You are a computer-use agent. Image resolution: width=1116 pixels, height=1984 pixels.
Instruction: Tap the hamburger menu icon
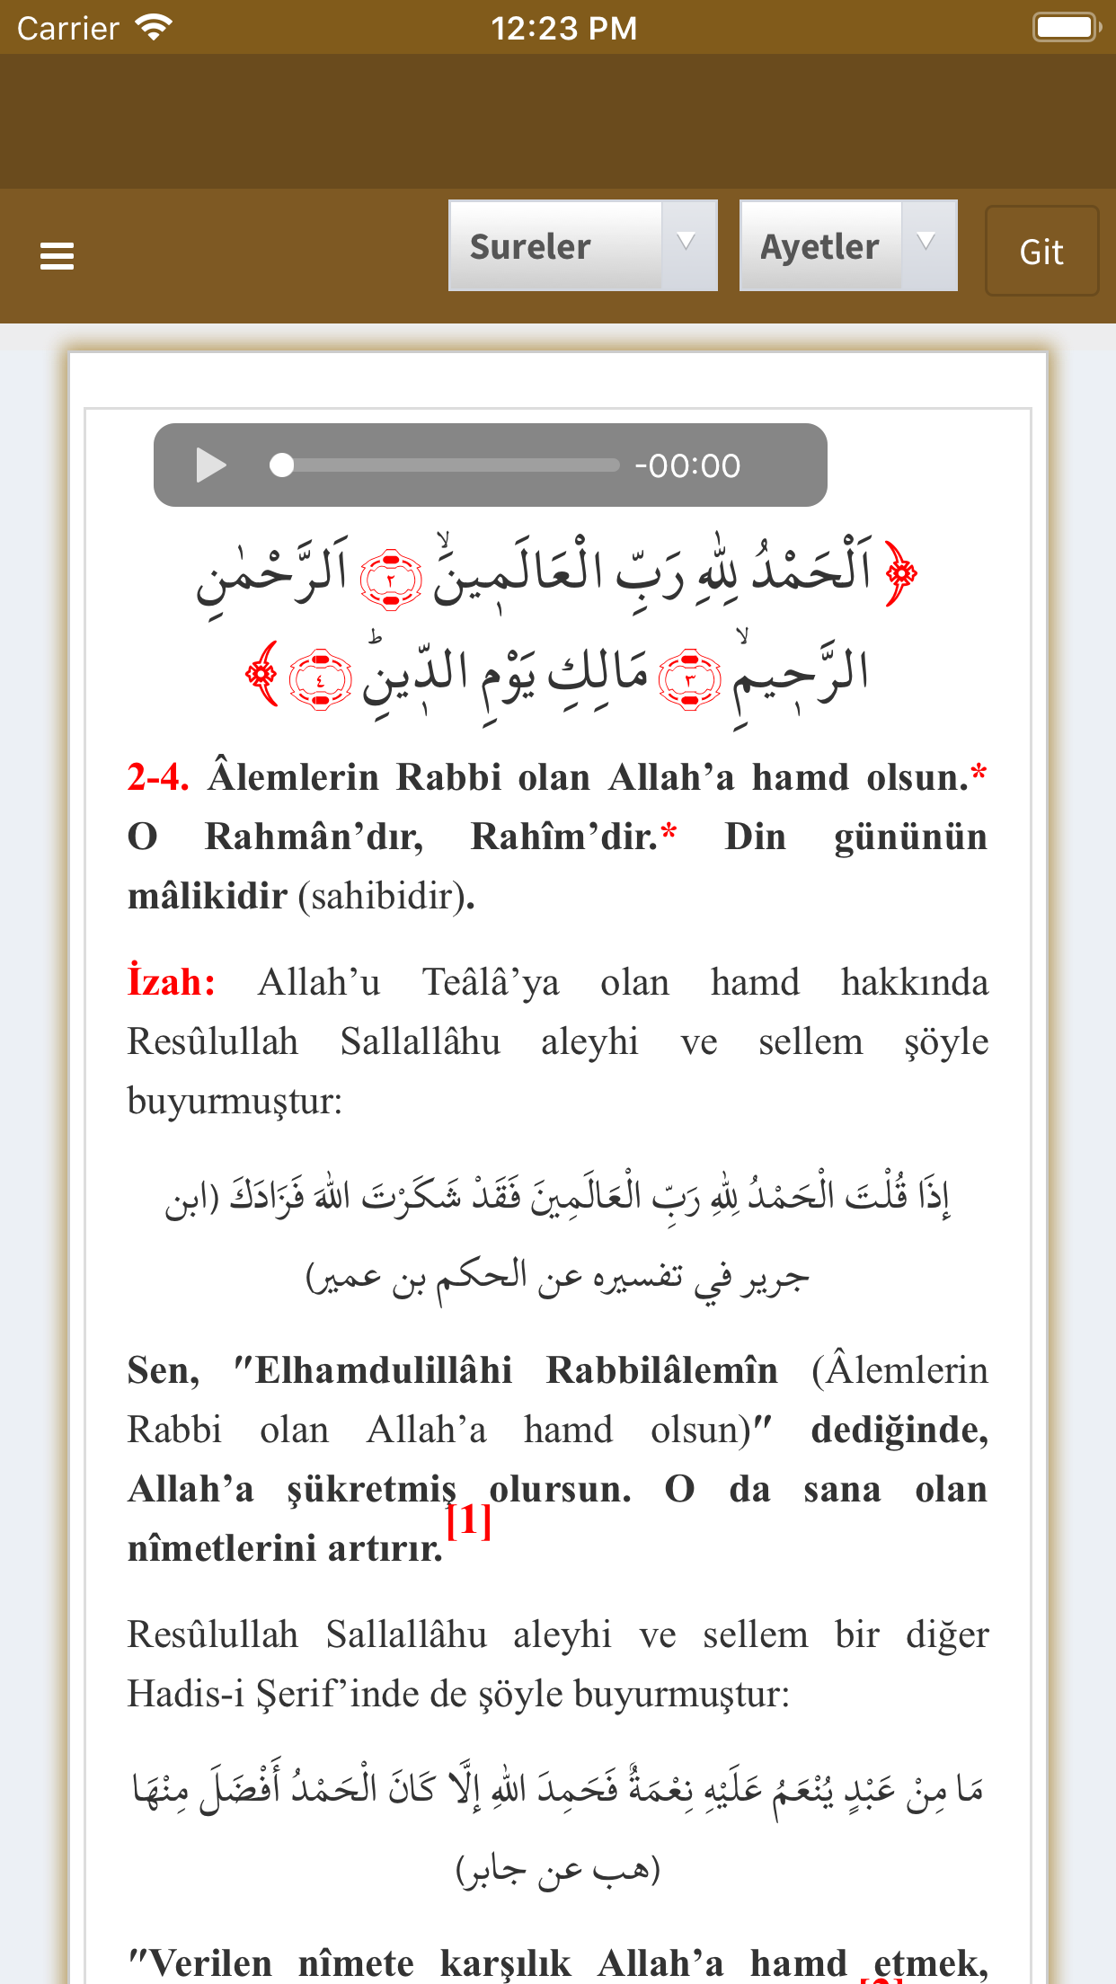click(x=57, y=256)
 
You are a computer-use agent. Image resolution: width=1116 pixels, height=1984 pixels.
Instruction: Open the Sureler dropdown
click(x=582, y=246)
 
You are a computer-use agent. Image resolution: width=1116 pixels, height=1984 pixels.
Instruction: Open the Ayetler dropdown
click(x=847, y=246)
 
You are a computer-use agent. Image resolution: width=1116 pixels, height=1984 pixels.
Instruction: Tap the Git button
click(x=1041, y=252)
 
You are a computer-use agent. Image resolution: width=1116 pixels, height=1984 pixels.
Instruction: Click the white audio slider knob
click(x=282, y=465)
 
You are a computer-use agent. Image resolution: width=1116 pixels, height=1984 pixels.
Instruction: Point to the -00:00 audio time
click(x=687, y=466)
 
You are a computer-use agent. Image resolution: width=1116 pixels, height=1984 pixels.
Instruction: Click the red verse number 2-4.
click(x=157, y=777)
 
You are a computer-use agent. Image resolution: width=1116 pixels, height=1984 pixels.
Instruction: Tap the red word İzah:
click(x=172, y=982)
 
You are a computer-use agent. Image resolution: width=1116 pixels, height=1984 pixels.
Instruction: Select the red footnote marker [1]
click(x=469, y=1520)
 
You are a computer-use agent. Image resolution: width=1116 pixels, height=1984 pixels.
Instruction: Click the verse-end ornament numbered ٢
click(x=391, y=580)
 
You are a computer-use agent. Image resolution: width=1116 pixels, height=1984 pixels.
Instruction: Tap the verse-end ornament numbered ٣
click(x=689, y=679)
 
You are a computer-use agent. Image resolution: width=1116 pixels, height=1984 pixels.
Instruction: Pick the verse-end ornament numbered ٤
click(x=320, y=679)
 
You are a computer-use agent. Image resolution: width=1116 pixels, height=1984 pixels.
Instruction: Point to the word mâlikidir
click(x=208, y=897)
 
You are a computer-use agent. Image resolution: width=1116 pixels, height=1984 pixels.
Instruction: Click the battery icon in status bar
click(x=1067, y=28)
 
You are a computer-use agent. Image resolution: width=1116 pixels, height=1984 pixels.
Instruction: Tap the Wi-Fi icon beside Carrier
click(x=154, y=28)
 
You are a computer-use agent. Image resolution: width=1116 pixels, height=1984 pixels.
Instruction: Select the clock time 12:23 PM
click(x=563, y=29)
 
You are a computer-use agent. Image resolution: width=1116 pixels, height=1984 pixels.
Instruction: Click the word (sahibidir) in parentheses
click(x=385, y=897)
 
